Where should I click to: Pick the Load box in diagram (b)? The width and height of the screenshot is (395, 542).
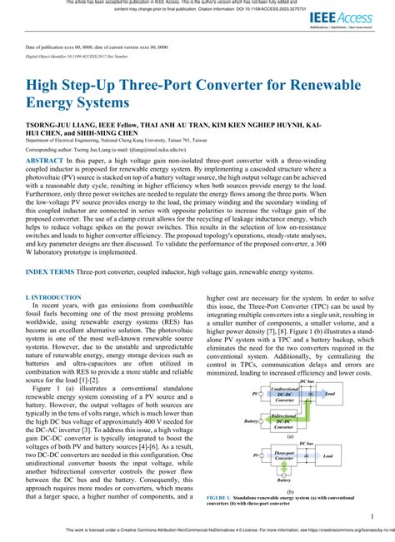(328, 456)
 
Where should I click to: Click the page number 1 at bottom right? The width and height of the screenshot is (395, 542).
(371, 517)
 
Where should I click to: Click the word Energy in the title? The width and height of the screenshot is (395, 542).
(60, 104)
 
